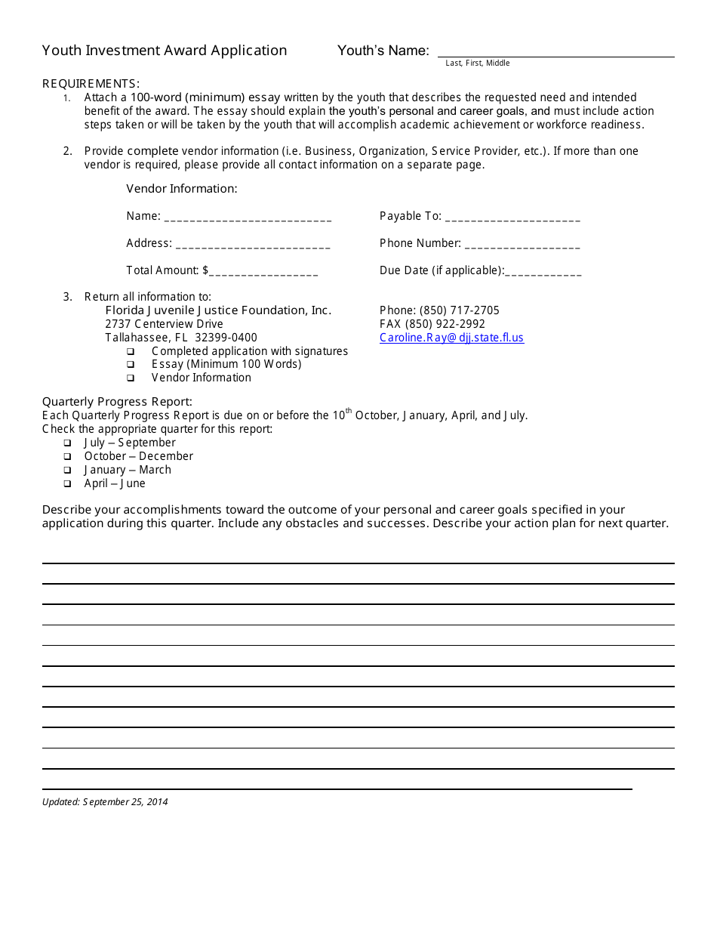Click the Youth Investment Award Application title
coord(165,51)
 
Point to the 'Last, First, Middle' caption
coord(477,63)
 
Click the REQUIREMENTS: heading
coord(91,84)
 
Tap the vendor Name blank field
coord(248,218)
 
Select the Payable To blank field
coord(512,218)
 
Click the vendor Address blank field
coord(252,245)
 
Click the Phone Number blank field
coord(522,245)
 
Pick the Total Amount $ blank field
coord(263,272)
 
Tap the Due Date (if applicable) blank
coord(543,272)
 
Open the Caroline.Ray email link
coord(451,338)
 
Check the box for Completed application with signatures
coord(131,352)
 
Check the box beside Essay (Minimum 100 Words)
coord(131,365)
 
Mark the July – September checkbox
coord(67,443)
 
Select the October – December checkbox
coord(67,457)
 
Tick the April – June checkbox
coord(67,484)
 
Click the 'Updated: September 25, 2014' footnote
coord(105,802)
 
